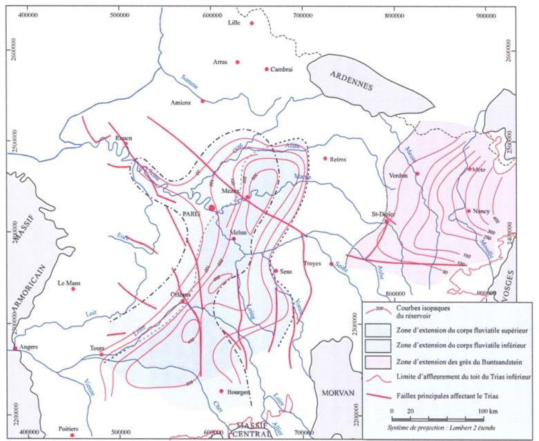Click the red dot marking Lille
(x=252, y=23)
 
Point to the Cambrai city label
(x=283, y=69)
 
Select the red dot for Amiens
(x=202, y=101)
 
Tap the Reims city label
(x=339, y=158)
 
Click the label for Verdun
(x=401, y=175)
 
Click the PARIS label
(x=191, y=214)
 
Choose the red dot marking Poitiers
(x=71, y=435)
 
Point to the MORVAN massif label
(x=337, y=393)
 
